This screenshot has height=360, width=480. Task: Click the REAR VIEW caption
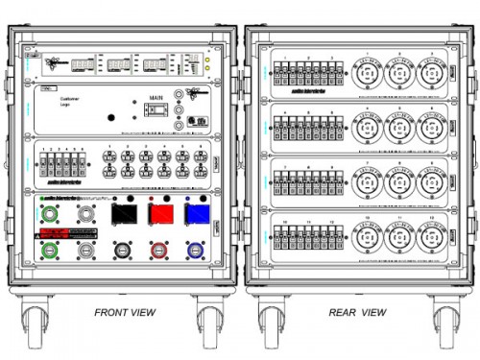[x=357, y=312]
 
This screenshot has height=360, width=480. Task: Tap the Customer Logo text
[x=73, y=101]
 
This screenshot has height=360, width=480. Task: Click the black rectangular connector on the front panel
[x=125, y=213]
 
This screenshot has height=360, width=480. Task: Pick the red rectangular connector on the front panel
[x=161, y=213]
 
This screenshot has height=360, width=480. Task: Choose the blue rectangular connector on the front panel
[x=197, y=213]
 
